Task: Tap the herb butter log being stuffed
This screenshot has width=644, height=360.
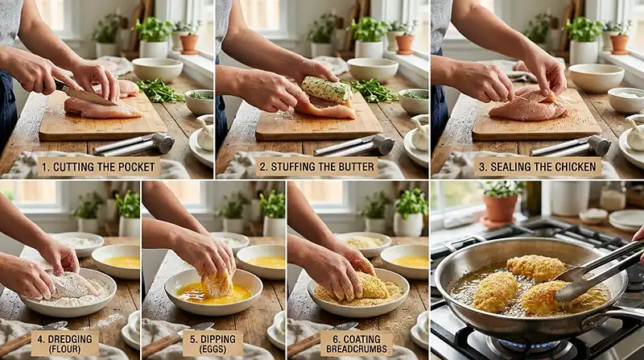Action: point(327,89)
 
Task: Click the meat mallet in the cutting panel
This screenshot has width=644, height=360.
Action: point(137,144)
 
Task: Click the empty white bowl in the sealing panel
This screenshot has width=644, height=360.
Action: point(596,77)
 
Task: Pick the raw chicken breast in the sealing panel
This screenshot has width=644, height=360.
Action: point(530,106)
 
